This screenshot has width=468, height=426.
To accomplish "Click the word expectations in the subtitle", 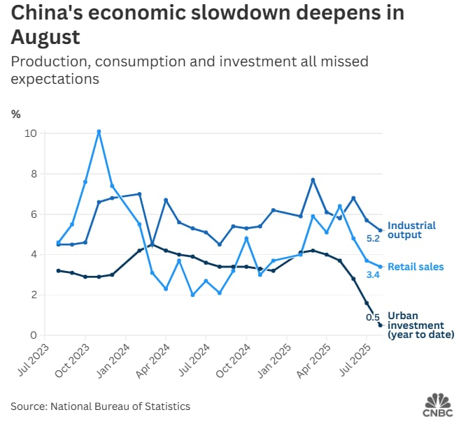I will (55, 79).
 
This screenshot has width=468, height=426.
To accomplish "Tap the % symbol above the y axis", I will (15, 113).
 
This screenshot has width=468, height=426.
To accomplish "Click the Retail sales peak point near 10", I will (99, 131).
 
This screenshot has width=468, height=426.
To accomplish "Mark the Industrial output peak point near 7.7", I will (313, 179).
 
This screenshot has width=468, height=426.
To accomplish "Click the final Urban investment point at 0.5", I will (381, 325).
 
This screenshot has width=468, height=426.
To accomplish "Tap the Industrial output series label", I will (411, 230).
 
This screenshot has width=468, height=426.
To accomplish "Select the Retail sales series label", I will (416, 267).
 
